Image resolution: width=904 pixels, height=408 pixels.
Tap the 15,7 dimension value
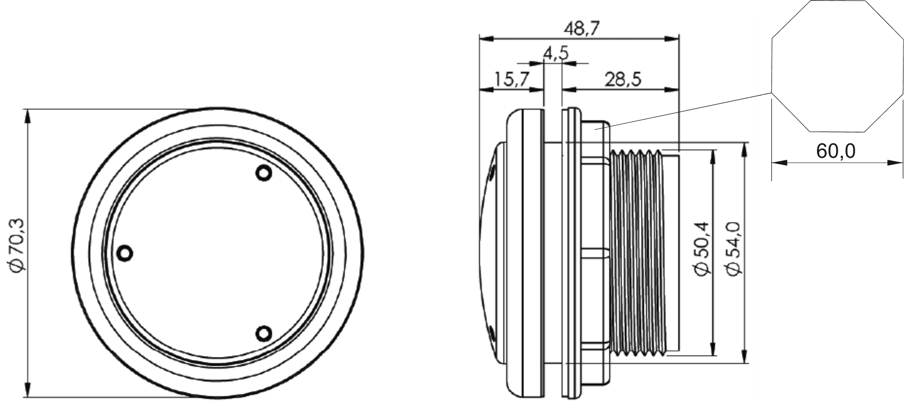(511, 79)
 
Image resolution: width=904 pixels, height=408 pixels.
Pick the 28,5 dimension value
(623, 79)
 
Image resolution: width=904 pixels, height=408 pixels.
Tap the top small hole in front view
(264, 173)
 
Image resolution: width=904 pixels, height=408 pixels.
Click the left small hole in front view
(125, 253)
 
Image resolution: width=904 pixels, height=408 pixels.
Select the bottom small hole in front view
(264, 333)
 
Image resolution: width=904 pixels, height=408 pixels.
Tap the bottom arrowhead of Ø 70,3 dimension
(27, 391)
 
